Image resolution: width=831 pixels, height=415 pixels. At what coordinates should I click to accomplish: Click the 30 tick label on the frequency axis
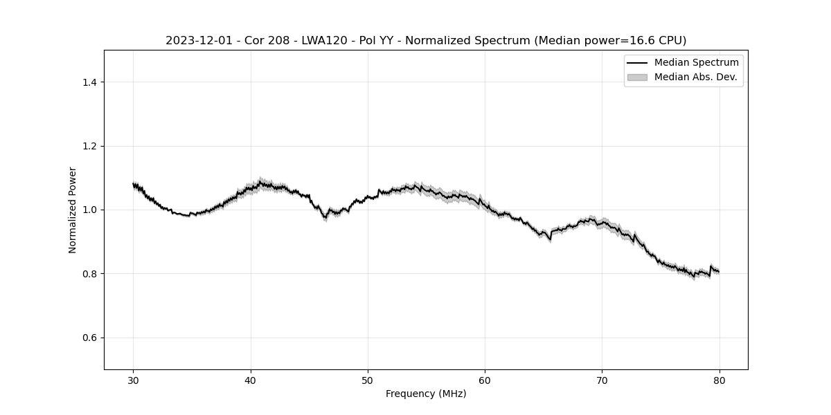134,380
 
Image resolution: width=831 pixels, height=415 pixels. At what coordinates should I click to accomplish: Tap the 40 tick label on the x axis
251,380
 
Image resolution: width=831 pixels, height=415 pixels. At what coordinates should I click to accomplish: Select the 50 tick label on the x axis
368,380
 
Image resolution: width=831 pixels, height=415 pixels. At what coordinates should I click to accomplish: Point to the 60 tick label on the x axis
485,380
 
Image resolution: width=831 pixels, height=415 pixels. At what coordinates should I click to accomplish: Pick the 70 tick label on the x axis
602,380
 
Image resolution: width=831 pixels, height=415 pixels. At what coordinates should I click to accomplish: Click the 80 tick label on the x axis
719,380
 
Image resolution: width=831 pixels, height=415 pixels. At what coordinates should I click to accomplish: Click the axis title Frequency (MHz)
426,394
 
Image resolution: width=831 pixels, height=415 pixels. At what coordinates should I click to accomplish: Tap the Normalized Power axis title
72,210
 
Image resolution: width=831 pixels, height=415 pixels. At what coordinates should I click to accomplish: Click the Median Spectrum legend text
696,63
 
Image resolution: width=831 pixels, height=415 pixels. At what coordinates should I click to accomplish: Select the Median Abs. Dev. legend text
695,77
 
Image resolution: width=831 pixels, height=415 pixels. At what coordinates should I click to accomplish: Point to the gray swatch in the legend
637,77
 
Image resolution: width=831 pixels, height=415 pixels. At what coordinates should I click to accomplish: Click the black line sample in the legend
637,63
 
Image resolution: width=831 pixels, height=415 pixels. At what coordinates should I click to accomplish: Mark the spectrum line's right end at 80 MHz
719,271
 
